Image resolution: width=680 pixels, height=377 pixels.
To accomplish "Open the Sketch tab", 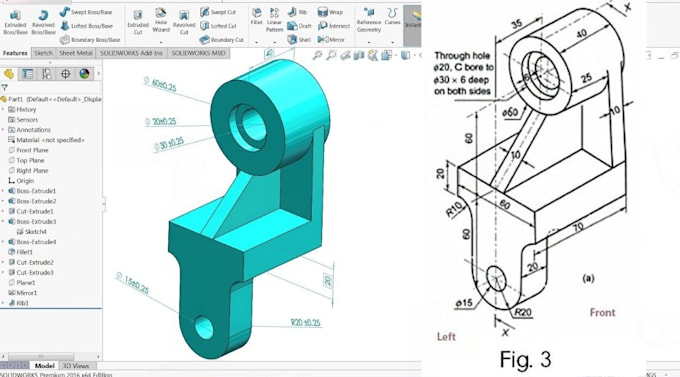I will (43, 52).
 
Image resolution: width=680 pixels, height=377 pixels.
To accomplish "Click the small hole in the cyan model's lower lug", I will (203, 325).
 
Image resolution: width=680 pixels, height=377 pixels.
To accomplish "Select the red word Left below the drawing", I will (446, 337).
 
